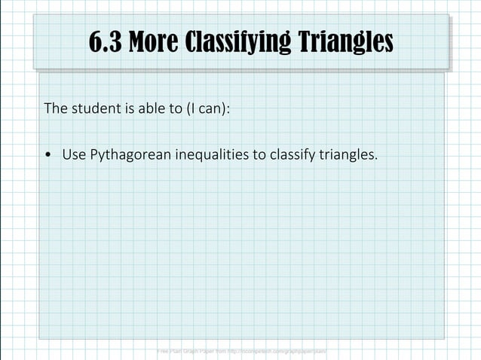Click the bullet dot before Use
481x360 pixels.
pos(49,156)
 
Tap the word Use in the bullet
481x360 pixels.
pos(75,155)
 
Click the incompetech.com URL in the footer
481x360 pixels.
pos(279,351)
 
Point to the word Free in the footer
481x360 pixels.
pos(162,351)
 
